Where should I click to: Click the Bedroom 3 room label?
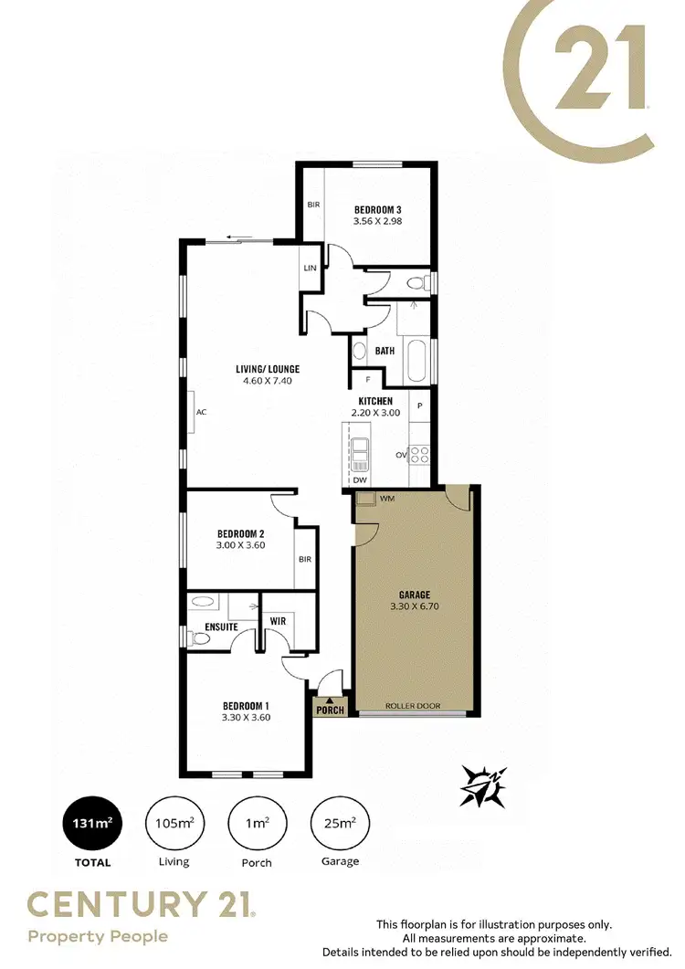[x=378, y=209]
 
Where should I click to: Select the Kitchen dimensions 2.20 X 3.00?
[x=375, y=413]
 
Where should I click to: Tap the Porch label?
[x=329, y=709]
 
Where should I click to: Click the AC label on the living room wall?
[x=201, y=412]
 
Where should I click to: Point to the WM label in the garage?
[x=386, y=499]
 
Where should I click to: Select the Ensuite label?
[x=222, y=627]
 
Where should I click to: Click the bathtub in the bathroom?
[x=416, y=361]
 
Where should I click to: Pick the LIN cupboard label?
[x=310, y=267]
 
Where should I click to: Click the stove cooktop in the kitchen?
[x=419, y=454]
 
